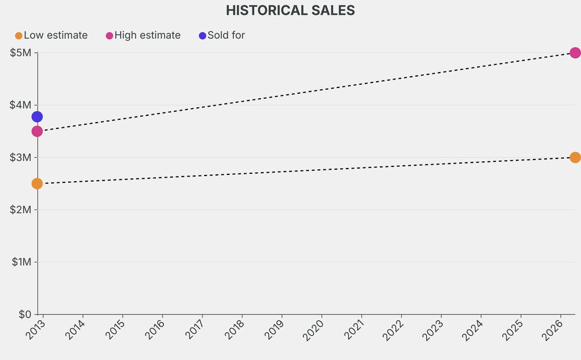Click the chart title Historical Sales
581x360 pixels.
290,10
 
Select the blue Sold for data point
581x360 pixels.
37,117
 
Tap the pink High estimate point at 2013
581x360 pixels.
37,131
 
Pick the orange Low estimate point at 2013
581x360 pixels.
37,183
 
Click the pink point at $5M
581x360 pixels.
575,53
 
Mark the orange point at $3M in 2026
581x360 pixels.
575,157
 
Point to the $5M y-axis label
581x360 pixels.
22,53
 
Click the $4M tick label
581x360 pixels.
22,105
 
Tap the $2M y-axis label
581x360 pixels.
22,210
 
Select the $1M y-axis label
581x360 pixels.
22,262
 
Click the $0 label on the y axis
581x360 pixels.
24,314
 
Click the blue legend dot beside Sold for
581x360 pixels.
203,36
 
